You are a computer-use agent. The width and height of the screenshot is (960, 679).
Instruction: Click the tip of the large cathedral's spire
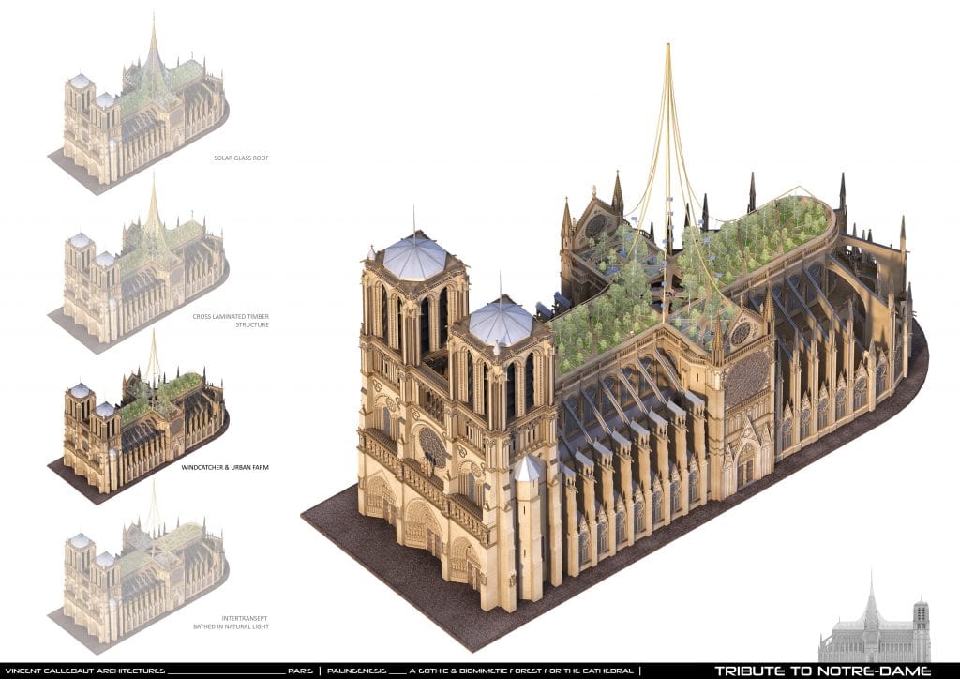[668, 44]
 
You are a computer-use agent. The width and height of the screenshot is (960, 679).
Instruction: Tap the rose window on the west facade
[433, 447]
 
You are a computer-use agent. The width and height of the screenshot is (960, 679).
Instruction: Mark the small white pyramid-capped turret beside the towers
[528, 469]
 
